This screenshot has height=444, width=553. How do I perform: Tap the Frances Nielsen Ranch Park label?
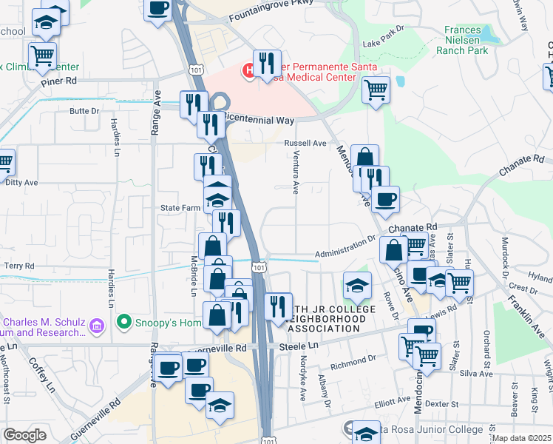point(467,41)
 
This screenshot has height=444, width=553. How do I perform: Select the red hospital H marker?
point(250,72)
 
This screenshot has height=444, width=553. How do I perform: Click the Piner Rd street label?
point(60,81)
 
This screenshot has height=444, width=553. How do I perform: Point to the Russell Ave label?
point(305,143)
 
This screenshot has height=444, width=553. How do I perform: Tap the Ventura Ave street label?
point(295,178)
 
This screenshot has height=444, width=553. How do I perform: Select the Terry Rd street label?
point(19,266)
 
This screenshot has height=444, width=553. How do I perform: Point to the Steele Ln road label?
point(298,346)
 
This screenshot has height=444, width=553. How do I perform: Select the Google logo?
point(24,435)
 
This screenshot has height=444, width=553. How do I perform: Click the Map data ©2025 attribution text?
point(521,438)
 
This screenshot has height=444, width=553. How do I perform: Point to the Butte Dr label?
point(84,111)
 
